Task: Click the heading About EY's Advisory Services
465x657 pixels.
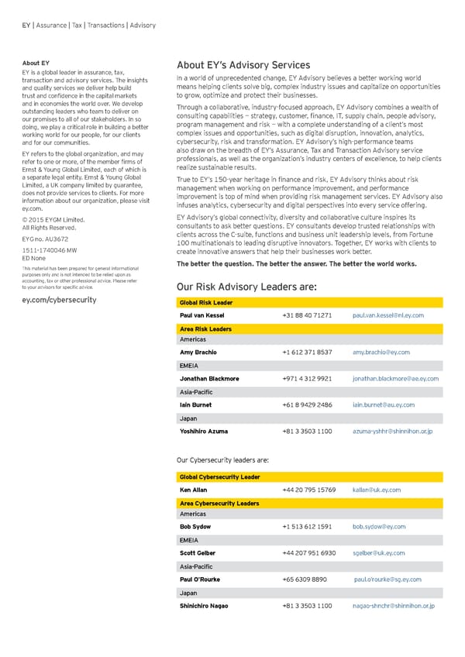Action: [x=243, y=65]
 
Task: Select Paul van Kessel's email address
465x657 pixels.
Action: [x=387, y=316]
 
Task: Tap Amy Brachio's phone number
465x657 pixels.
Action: [x=308, y=353]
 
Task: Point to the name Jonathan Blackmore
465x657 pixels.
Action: [x=209, y=379]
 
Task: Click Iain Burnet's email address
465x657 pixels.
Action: [x=383, y=405]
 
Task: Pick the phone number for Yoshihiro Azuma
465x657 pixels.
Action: [x=308, y=431]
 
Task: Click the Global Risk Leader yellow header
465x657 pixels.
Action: [x=206, y=302]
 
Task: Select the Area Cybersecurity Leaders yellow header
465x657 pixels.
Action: [x=219, y=504]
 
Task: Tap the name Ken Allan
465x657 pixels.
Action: [x=193, y=490]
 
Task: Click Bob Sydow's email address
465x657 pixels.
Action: [x=379, y=527]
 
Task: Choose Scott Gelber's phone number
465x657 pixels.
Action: [x=309, y=553]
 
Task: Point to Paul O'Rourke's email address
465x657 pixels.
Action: [x=387, y=580]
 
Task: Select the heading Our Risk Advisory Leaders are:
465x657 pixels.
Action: [x=246, y=287]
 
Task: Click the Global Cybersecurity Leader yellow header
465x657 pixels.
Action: [x=219, y=477]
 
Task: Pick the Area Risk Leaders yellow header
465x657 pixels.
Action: [x=205, y=329]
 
